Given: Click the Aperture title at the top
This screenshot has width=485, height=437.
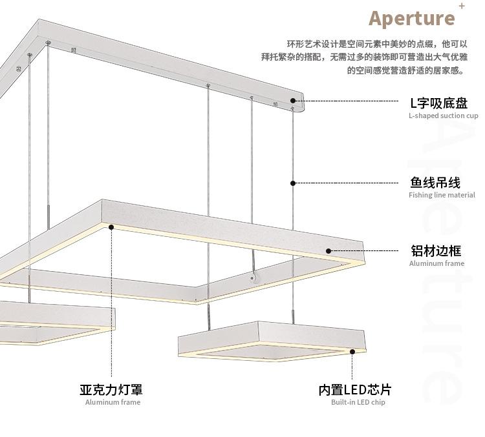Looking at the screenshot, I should (x=411, y=17).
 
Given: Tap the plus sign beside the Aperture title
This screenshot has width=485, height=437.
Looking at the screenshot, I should (x=461, y=6).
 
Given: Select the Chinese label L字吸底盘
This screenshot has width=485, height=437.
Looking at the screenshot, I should (x=438, y=103).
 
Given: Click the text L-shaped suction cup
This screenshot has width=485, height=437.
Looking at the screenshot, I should (x=443, y=116).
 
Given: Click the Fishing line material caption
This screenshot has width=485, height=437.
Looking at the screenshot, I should (x=442, y=195).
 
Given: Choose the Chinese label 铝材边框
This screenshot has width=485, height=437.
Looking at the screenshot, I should (x=435, y=250).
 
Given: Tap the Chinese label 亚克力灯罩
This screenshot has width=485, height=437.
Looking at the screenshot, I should (x=111, y=389).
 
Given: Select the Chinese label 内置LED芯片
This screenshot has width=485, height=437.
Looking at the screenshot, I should (x=354, y=389).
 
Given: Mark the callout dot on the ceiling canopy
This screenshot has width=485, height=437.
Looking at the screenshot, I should (x=293, y=101).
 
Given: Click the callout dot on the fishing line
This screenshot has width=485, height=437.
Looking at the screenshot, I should (x=293, y=183).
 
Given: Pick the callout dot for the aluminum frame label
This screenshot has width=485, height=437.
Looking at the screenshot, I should (x=329, y=251).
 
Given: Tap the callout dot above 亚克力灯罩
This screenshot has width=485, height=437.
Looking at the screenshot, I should (x=111, y=227).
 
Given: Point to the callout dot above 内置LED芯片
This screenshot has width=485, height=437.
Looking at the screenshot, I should (x=352, y=352).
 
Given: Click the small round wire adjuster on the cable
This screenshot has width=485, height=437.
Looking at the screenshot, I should (x=253, y=278).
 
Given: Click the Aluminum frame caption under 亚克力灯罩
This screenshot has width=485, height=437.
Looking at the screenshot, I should (x=113, y=402).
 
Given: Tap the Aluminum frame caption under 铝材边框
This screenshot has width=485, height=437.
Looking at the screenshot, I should (x=436, y=263).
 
